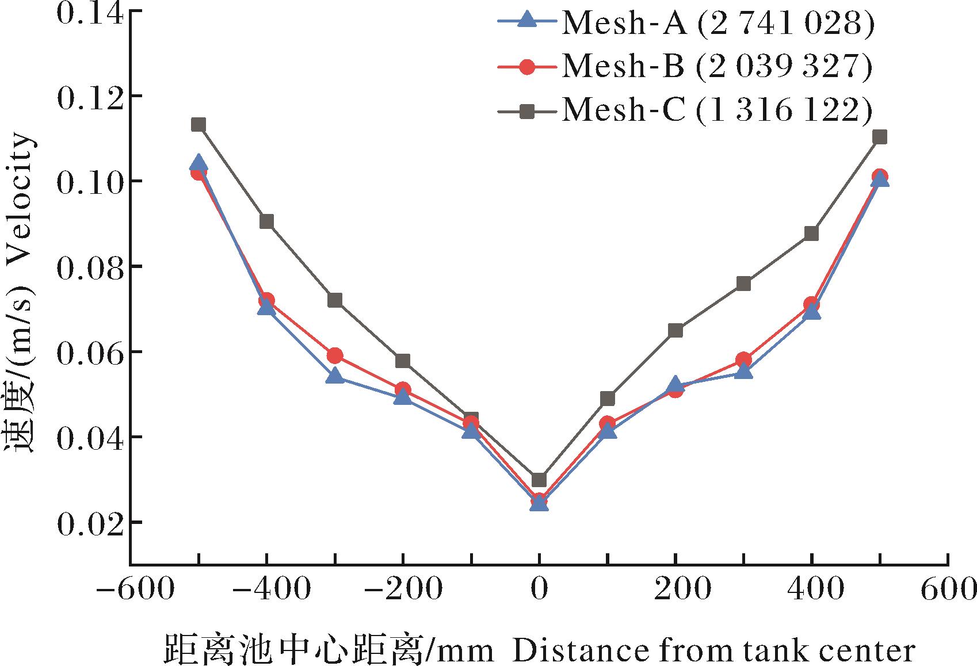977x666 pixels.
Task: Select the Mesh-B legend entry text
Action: coord(717,67)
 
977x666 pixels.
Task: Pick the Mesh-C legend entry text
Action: coord(717,110)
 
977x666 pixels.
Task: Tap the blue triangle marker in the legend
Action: coord(526,22)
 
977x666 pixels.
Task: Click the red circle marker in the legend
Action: coord(526,67)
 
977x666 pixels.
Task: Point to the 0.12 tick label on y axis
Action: coord(90,97)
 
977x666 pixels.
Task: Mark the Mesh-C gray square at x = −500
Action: coord(199,125)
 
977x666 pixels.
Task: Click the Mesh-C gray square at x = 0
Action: coord(539,480)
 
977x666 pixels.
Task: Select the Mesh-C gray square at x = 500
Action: coord(880,137)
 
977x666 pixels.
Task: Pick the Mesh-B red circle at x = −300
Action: coord(335,356)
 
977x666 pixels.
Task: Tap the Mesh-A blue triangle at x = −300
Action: coord(335,376)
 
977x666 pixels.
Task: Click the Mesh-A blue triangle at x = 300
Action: coord(743,372)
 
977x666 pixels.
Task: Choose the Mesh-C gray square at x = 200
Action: coord(675,330)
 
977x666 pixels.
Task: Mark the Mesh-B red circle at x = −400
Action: coord(266,300)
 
